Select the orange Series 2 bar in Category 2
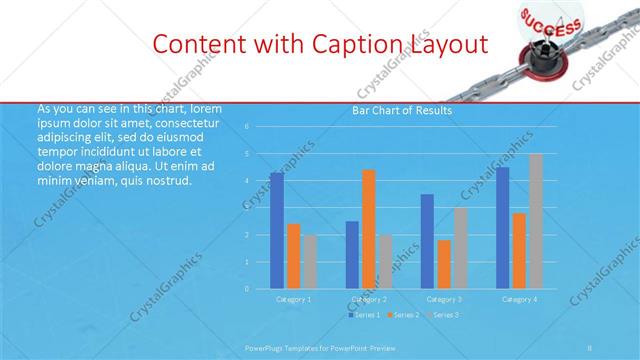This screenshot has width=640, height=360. (369, 229)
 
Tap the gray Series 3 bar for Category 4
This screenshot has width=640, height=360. (535, 221)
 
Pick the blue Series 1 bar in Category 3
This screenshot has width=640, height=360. (427, 241)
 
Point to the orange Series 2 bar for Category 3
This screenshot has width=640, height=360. (444, 264)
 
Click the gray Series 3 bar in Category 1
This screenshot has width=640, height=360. (310, 262)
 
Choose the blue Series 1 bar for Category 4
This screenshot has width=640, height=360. (502, 228)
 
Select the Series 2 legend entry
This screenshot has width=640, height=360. (403, 315)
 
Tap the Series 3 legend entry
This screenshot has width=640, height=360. (442, 315)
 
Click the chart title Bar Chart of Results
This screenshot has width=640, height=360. (402, 111)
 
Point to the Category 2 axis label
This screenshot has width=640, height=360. (369, 299)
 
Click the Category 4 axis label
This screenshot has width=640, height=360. (519, 299)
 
